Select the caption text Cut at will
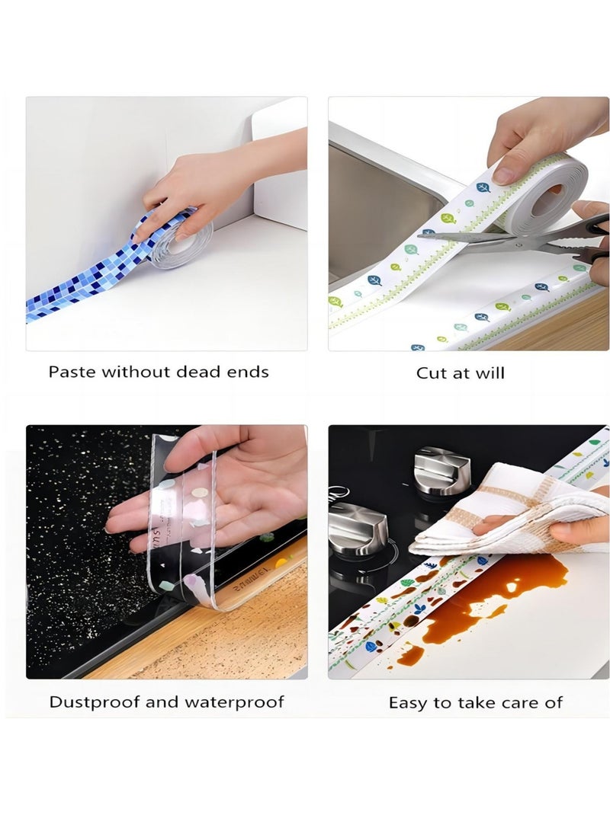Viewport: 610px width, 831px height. tap(460, 373)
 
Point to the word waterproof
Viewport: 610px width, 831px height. tap(233, 702)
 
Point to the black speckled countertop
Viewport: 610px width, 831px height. tap(76, 533)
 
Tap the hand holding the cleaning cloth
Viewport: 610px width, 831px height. tap(579, 529)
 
